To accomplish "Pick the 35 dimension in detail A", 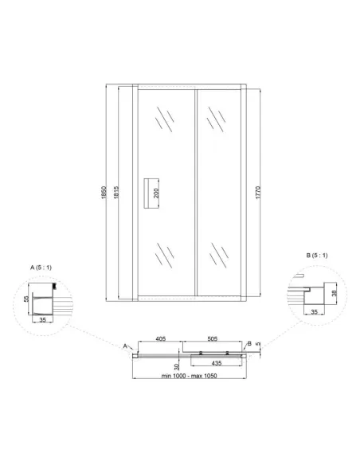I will point(41,318).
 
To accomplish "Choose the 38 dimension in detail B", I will point(335,292).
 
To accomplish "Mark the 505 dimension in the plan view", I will point(213,338).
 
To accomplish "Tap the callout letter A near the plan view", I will point(124,346).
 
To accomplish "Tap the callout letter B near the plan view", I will point(250,343).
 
